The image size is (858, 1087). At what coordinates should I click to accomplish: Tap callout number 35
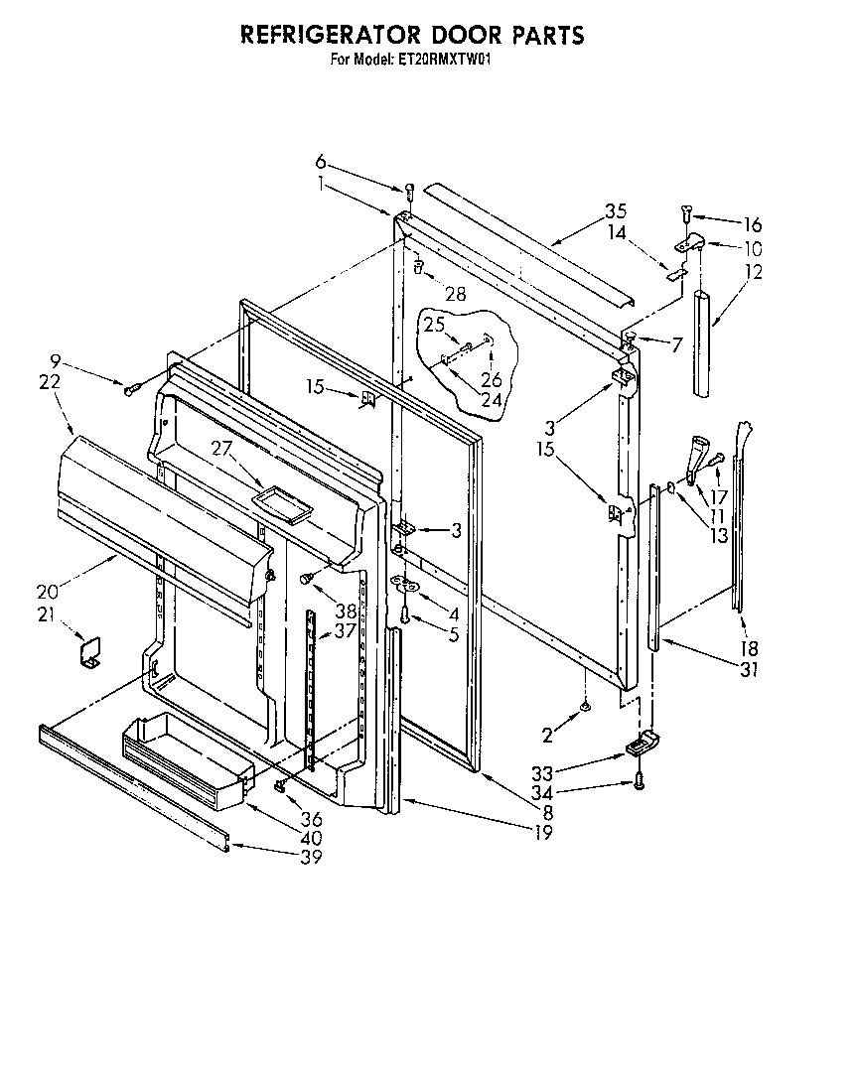pyautogui.click(x=616, y=210)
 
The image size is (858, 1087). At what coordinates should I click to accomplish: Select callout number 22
pyautogui.click(x=51, y=381)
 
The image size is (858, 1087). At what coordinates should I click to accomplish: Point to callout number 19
pyautogui.click(x=542, y=833)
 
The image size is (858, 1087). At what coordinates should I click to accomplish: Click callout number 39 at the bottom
pyautogui.click(x=312, y=858)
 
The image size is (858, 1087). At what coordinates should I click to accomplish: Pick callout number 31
pyautogui.click(x=749, y=670)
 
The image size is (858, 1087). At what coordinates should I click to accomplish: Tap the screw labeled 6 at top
pyautogui.click(x=408, y=189)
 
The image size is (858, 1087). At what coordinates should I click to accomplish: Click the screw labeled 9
pyautogui.click(x=130, y=389)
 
